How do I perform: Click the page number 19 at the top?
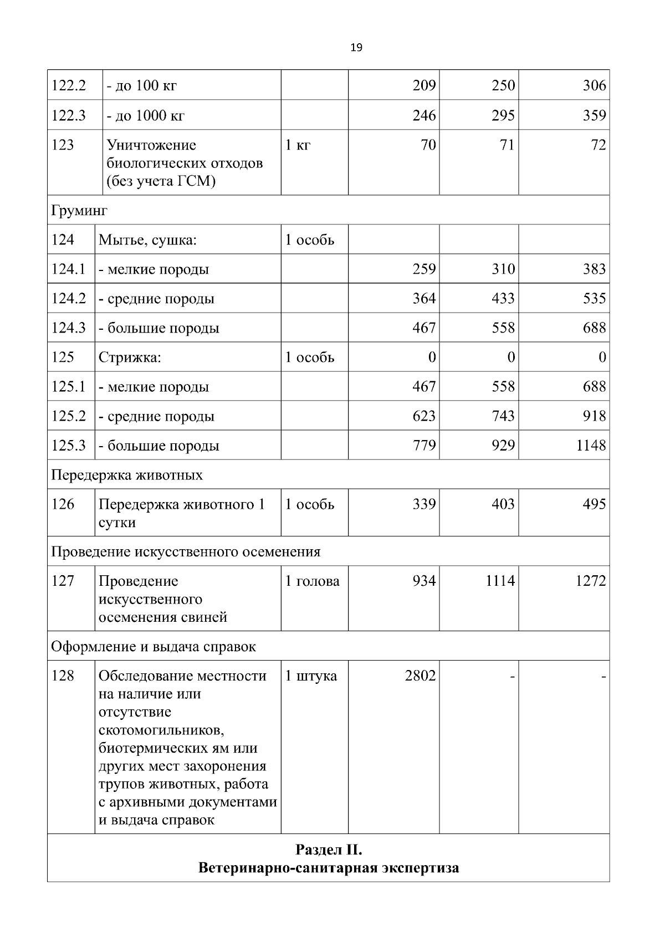click(x=356, y=48)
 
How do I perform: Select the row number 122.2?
click(x=69, y=85)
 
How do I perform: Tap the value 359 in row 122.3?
click(x=594, y=115)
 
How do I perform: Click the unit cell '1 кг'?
click(x=298, y=145)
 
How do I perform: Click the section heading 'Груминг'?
click(x=79, y=211)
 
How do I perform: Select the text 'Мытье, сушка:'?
click(x=148, y=240)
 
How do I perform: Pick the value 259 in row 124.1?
click(x=424, y=269)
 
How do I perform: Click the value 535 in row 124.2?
click(x=594, y=299)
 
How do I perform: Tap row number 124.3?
click(x=69, y=328)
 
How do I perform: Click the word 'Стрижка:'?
click(x=130, y=357)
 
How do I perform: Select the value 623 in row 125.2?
click(x=424, y=416)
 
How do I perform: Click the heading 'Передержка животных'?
click(x=127, y=475)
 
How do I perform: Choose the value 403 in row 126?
click(x=503, y=504)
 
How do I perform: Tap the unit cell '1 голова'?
click(x=312, y=581)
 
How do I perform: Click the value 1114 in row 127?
click(x=500, y=581)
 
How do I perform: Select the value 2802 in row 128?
click(x=420, y=676)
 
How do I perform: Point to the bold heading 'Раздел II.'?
click(x=329, y=850)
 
